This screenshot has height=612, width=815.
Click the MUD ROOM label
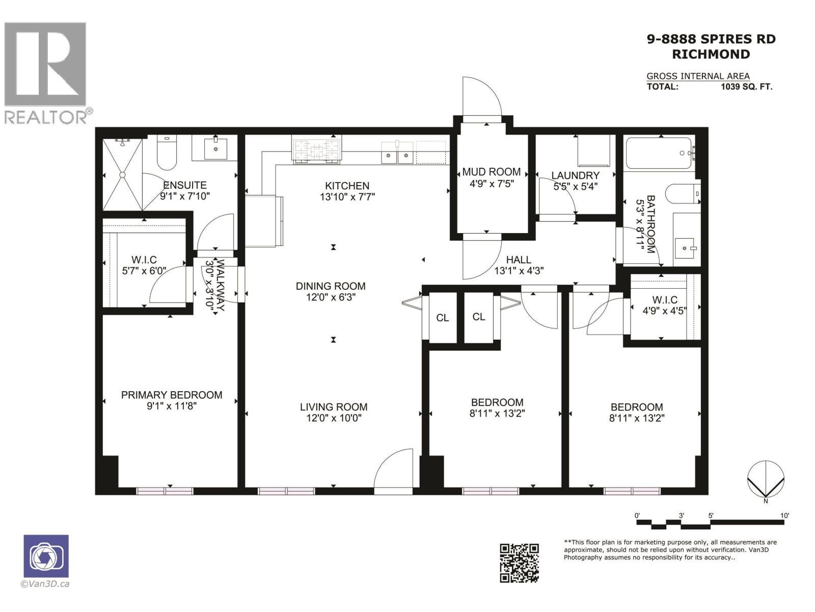coord(491,172)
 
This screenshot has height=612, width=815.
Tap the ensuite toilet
coord(167,153)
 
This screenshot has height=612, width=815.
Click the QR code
coord(519,563)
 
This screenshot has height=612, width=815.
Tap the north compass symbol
coord(766,479)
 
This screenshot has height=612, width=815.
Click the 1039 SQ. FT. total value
coord(746,87)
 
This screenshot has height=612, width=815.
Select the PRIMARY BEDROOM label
coord(171,395)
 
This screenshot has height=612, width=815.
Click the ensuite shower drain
coord(122,175)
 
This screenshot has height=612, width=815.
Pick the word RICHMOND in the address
coord(711,54)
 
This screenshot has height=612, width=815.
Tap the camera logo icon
coord(46,556)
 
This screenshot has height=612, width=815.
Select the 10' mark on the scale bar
coord(784,516)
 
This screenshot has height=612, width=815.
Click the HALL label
coord(519,260)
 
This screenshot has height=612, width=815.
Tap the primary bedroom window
coord(165,491)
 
